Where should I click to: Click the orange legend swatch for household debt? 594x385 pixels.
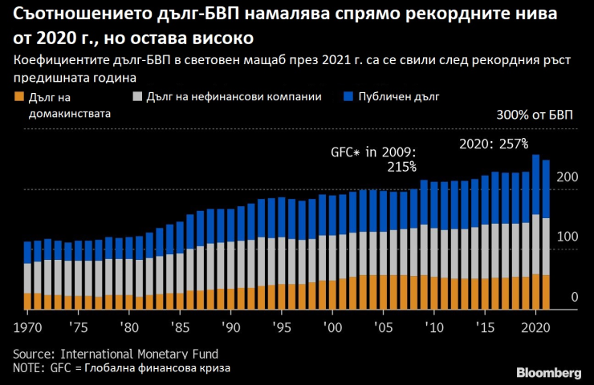coord(18,96)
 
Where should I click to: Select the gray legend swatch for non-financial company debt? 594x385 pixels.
coord(138,96)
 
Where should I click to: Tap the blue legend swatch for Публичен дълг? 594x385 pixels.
coord(348,96)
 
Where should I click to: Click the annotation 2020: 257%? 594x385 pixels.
coord(493,144)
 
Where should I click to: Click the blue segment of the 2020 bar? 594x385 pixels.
coord(535,184)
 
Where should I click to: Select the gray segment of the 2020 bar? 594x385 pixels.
coord(535,245)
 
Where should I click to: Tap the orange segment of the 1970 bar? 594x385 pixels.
coord(28,301)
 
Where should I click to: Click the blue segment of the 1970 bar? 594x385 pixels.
coord(28,252)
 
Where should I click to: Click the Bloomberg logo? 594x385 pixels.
coord(549,372)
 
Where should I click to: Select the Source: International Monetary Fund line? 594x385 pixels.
coord(115,354)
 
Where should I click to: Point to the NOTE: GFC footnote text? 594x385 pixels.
coord(121,367)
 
